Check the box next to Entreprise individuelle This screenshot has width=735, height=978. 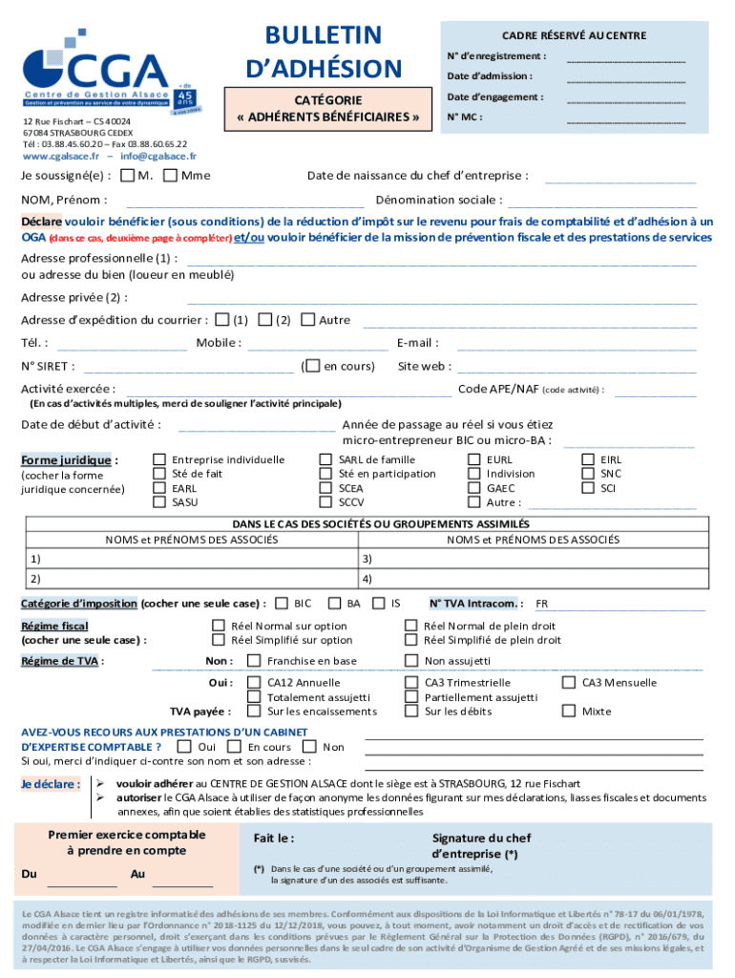point(159,459)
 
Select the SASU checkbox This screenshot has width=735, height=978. point(159,502)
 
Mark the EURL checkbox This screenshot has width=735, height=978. point(474,459)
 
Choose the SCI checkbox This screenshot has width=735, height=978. point(588,488)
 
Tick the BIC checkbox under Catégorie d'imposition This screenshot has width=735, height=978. point(283,604)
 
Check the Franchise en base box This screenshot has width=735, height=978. point(254,661)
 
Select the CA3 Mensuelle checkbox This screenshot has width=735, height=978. point(569,683)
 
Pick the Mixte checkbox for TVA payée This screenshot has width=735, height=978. point(569,712)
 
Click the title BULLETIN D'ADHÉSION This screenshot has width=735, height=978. point(325,52)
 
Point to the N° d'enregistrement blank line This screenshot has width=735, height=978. point(625,59)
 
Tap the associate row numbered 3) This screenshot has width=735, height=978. point(535,560)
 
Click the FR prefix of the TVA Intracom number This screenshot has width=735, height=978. point(541,605)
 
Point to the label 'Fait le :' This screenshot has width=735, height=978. point(274,839)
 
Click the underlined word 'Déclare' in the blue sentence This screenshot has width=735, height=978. point(42,222)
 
